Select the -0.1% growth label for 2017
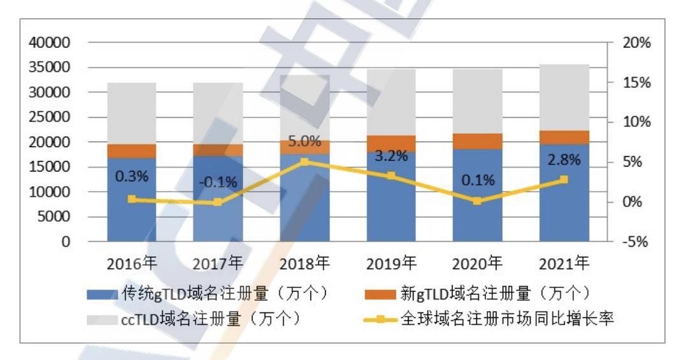[218, 182]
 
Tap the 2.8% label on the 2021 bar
[564, 160]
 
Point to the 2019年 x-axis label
[391, 263]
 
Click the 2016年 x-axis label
[132, 263]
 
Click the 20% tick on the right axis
[636, 43]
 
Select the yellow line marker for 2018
[305, 162]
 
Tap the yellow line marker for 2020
[477, 201]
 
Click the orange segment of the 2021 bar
[564, 137]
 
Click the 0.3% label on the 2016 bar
[131, 176]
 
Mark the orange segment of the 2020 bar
[477, 141]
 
